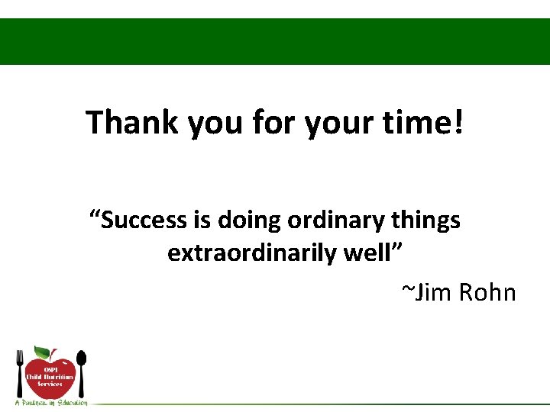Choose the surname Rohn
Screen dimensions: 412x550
(488, 292)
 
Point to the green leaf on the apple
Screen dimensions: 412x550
(43, 352)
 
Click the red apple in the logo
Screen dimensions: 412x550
(50, 378)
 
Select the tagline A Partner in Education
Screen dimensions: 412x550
(50, 402)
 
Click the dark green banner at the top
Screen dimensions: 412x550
(275, 42)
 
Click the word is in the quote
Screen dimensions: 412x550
(202, 220)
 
